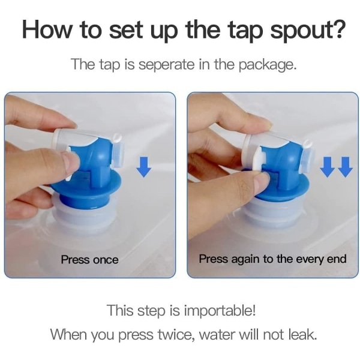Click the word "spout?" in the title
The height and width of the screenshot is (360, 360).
(308, 31)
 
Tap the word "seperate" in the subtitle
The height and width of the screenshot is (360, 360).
(166, 65)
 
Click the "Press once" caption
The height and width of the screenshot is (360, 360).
(90, 260)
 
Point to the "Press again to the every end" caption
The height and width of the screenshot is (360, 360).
(272, 259)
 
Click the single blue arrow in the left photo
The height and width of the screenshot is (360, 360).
(144, 167)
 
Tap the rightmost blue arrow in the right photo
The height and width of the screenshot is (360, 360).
(346, 167)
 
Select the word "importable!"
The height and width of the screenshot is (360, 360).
(220, 311)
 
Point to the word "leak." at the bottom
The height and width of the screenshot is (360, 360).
(302, 334)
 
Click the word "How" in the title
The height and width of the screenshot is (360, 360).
(47, 30)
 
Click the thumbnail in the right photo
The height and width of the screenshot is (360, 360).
(263, 181)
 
